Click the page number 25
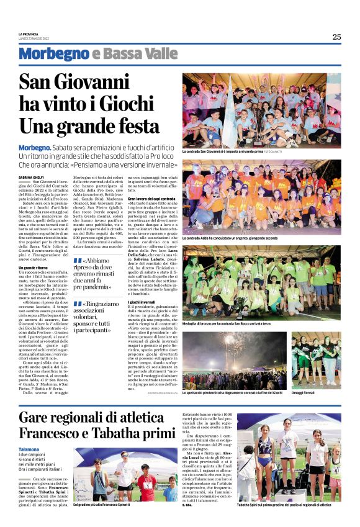[x=336, y=37]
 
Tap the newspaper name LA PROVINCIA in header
[x=29, y=34]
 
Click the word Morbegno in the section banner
[x=53, y=54]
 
